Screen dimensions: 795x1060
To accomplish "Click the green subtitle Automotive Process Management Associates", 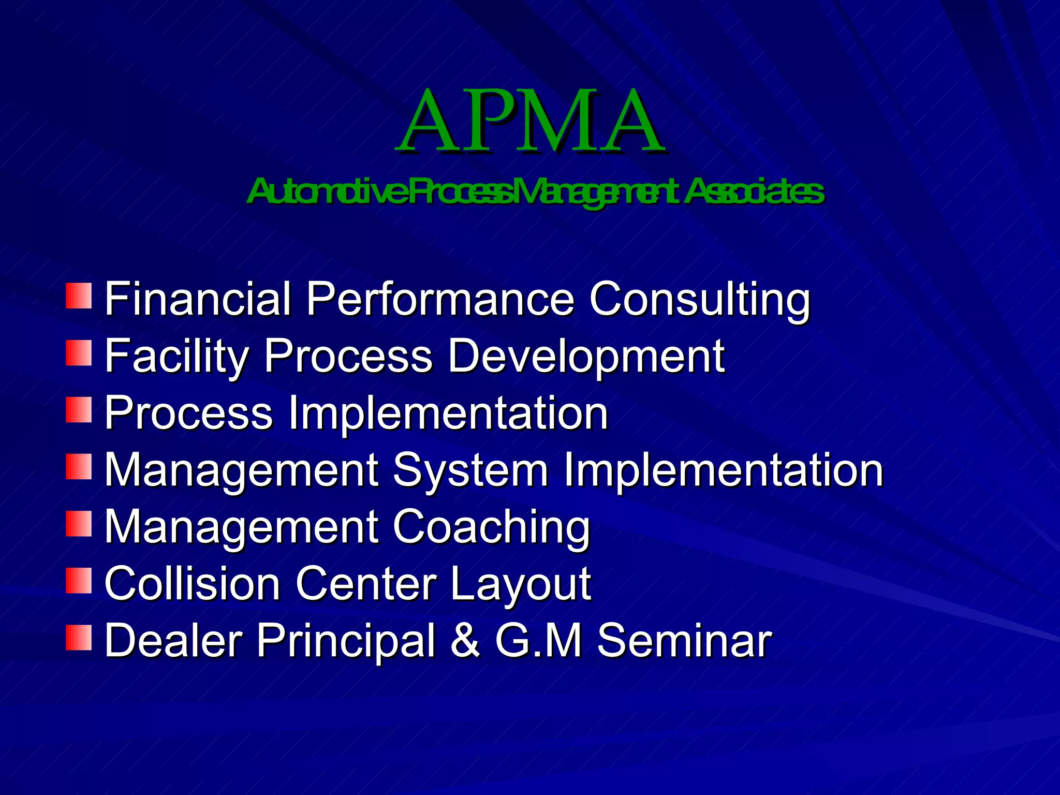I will (535, 192).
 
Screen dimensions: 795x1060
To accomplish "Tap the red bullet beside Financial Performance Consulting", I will (79, 296).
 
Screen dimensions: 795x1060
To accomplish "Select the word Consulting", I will (700, 299).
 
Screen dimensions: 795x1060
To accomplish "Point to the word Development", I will (586, 356).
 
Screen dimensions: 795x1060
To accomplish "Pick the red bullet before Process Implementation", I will (79, 409).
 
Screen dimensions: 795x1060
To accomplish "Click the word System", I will (470, 470).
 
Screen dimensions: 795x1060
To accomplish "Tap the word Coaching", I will (491, 527).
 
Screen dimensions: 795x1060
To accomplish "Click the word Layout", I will (520, 584).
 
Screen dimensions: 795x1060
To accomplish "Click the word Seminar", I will (684, 641).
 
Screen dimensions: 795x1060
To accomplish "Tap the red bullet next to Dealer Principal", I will (79, 637).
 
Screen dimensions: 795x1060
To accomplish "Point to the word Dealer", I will (173, 641).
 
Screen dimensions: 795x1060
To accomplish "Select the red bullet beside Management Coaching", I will (79, 523).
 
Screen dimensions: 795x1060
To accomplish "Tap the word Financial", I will (198, 299).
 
